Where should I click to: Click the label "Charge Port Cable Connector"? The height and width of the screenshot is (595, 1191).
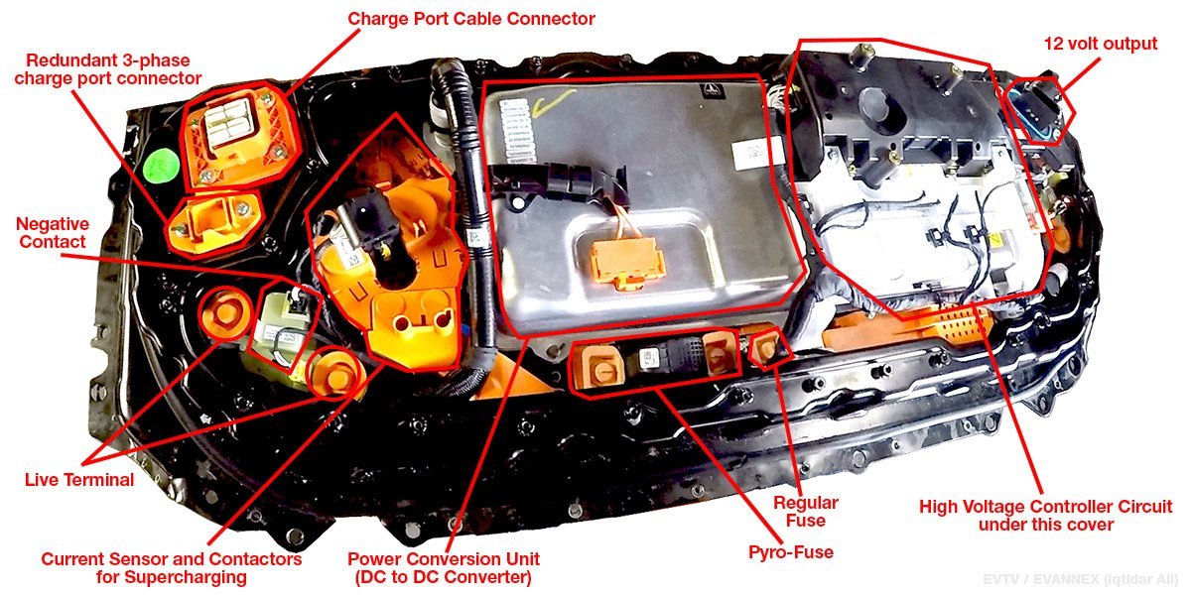471,19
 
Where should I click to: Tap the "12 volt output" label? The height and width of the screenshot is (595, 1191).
1100,44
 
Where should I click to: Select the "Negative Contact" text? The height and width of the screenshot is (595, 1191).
52,233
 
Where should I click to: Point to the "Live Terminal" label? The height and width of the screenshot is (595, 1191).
79,480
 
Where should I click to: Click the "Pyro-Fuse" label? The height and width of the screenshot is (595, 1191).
791,552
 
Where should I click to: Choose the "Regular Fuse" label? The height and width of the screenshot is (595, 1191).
806,511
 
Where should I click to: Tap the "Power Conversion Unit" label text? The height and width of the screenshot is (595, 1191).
444,559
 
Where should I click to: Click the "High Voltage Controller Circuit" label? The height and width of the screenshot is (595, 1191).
1045,507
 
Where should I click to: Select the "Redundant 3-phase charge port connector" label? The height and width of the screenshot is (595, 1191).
108,69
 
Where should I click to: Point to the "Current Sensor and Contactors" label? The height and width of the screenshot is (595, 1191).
171,559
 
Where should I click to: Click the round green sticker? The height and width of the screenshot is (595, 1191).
161,167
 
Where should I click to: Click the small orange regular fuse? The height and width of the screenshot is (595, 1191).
765,348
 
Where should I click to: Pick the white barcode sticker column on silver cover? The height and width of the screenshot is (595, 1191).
517,131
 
